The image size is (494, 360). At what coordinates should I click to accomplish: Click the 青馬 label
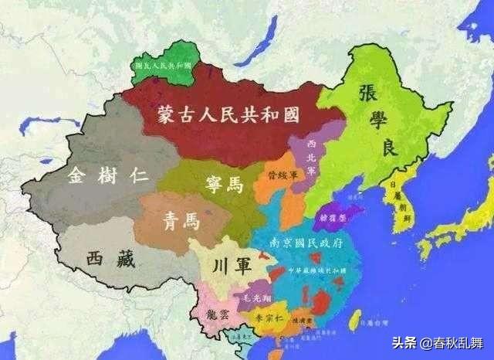(x=181, y=221)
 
